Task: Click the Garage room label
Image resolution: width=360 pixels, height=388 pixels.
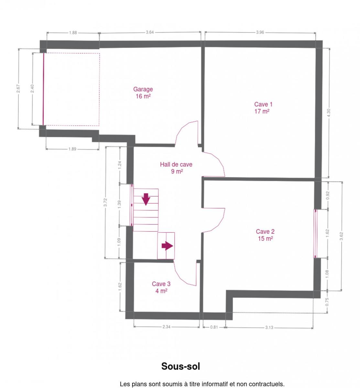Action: click(143, 93)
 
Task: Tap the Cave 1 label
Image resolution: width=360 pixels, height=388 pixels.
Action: click(263, 108)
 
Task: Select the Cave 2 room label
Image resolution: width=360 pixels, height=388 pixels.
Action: click(265, 235)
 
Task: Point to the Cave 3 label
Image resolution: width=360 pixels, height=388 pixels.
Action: click(161, 287)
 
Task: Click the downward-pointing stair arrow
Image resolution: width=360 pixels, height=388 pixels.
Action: click(146, 199)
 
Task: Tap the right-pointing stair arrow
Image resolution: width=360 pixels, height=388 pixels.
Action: click(167, 246)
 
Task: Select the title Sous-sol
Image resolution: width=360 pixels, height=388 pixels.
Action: click(180, 366)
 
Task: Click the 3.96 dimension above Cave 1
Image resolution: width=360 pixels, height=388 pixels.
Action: click(260, 32)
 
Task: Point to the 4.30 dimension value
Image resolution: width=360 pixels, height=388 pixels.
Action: click(328, 113)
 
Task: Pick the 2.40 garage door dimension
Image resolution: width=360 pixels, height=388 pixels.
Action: click(32, 89)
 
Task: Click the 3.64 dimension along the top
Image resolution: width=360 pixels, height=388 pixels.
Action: click(150, 32)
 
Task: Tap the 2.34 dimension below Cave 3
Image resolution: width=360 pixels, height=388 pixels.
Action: click(166, 327)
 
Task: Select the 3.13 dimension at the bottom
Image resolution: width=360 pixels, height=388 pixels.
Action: click(269, 328)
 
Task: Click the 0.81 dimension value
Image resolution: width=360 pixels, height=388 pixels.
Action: click(214, 327)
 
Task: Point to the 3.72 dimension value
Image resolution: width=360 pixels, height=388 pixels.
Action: click(105, 202)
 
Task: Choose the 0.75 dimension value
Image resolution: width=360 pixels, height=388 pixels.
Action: click(327, 302)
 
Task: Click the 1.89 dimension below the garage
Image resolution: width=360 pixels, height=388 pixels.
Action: click(72, 149)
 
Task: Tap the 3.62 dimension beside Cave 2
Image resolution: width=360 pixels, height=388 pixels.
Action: click(341, 236)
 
